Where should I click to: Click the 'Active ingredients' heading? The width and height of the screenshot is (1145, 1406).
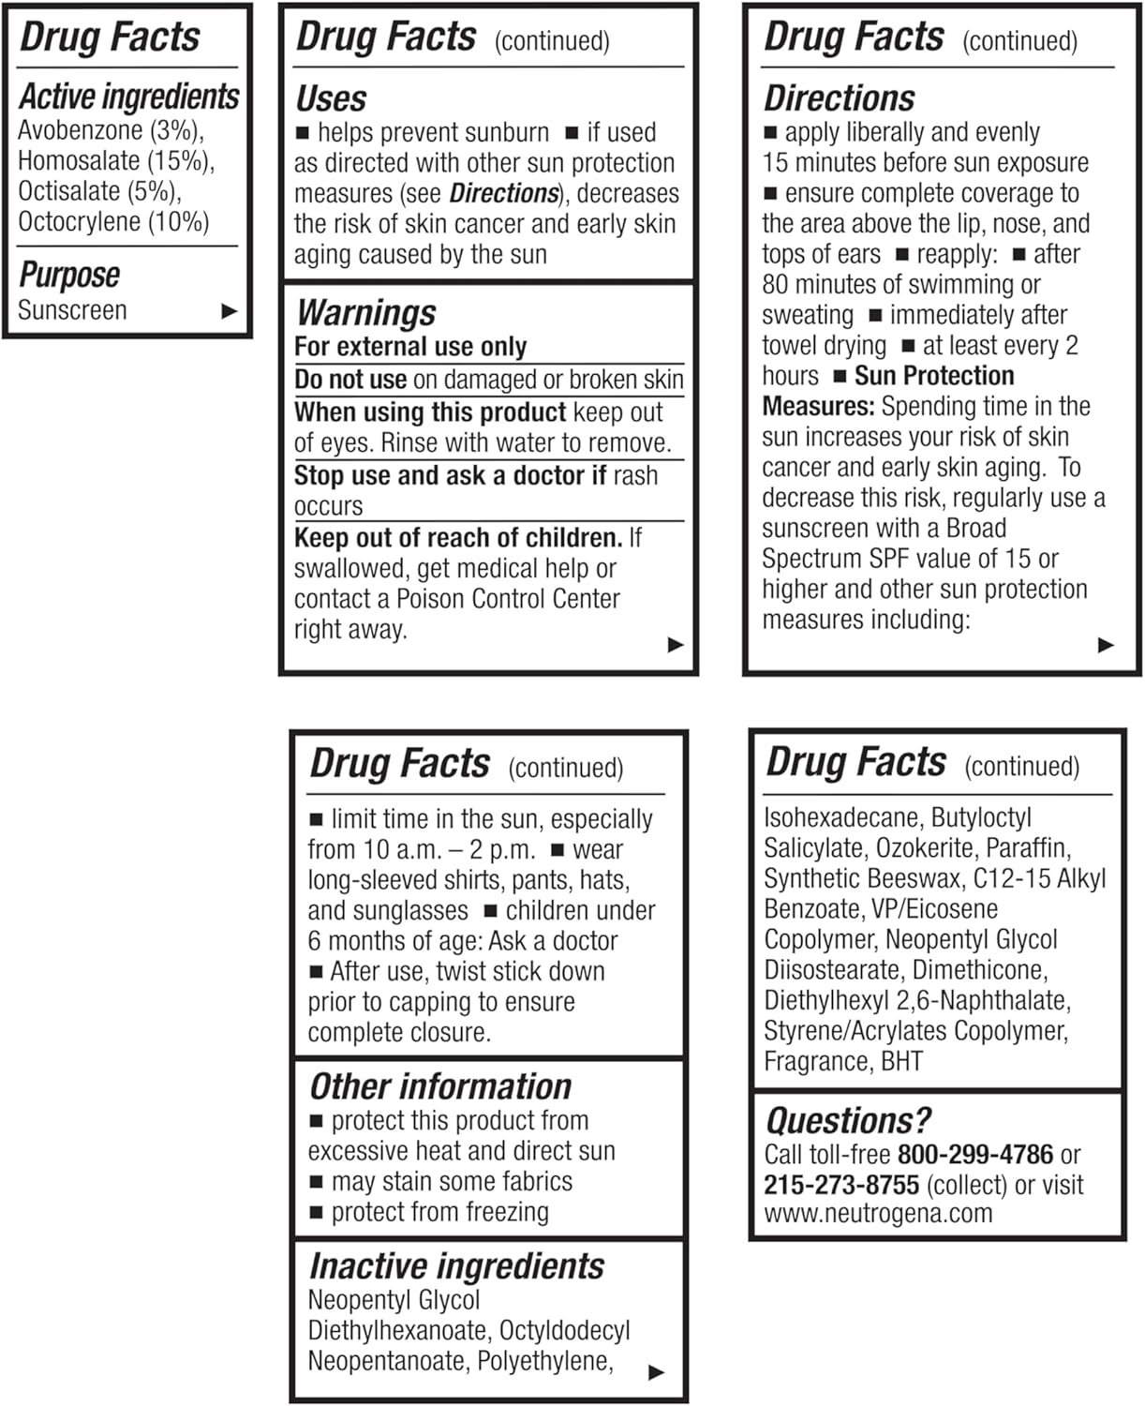(x=129, y=97)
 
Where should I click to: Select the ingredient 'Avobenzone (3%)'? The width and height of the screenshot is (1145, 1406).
(x=110, y=130)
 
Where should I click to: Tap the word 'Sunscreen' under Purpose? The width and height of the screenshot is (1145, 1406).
(x=72, y=310)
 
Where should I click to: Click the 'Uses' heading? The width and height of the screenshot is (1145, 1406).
(x=331, y=98)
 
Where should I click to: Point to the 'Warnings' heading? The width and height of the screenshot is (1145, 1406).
(x=366, y=313)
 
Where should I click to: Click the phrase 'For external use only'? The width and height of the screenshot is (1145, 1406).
(x=410, y=347)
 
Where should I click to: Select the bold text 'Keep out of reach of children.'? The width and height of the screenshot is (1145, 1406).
(x=458, y=538)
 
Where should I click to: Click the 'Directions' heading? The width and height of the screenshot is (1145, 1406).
(x=839, y=98)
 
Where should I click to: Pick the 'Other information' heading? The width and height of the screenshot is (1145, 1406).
(x=439, y=1086)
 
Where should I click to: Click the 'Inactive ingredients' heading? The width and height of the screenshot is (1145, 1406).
(x=456, y=1266)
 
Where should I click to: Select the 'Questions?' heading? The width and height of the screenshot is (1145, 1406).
(x=848, y=1121)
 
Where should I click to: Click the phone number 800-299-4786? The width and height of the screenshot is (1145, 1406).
(x=975, y=1155)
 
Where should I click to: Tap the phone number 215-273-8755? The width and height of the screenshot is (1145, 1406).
(x=840, y=1185)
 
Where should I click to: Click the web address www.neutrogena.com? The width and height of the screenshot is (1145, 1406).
(x=878, y=1214)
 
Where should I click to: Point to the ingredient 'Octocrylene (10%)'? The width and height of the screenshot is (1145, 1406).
(x=113, y=222)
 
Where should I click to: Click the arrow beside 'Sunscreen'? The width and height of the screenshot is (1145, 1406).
(x=229, y=311)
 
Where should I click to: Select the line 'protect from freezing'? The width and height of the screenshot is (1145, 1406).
(x=439, y=1212)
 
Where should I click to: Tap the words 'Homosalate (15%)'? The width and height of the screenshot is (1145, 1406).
(x=115, y=161)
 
